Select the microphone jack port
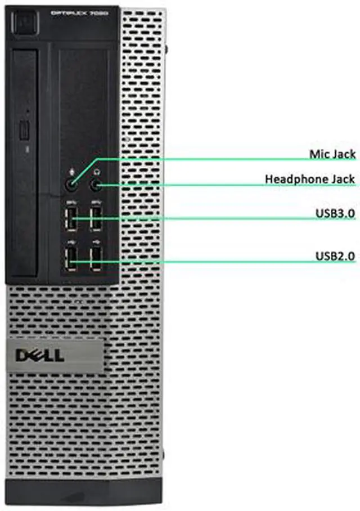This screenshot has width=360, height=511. [72, 184]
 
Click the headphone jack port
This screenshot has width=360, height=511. [96, 184]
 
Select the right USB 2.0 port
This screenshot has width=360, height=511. [96, 260]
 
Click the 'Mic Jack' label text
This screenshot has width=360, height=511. [332, 153]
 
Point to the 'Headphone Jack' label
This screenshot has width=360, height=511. [309, 179]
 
